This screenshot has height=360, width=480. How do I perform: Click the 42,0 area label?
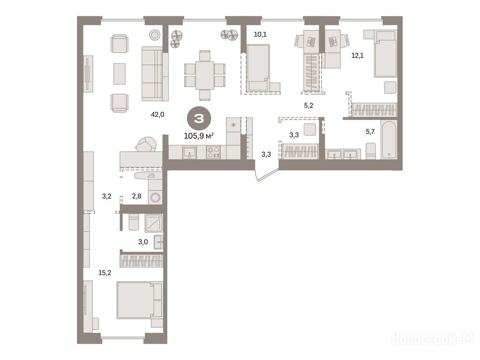[157, 114]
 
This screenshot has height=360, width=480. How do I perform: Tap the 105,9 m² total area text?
[199, 135]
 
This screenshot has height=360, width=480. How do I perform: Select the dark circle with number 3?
[199, 119]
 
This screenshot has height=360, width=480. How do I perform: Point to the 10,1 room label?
[260, 34]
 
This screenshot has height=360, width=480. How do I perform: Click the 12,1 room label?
[358, 55]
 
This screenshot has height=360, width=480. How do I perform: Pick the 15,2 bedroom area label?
[105, 273]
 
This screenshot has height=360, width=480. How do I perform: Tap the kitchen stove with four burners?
[213, 152]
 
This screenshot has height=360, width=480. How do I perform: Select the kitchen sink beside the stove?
[190, 152]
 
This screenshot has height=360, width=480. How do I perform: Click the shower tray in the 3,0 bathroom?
[154, 223]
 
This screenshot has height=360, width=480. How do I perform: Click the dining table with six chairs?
[205, 75]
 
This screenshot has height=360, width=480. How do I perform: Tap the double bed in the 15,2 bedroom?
[140, 300]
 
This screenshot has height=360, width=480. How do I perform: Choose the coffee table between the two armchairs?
[120, 74]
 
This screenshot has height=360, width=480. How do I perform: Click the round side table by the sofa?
[155, 35]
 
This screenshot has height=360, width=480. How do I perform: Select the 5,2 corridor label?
[308, 105]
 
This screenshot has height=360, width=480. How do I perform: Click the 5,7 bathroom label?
[370, 132]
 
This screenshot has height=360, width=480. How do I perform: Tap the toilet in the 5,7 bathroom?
[371, 150]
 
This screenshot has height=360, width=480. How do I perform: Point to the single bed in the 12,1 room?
[385, 54]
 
